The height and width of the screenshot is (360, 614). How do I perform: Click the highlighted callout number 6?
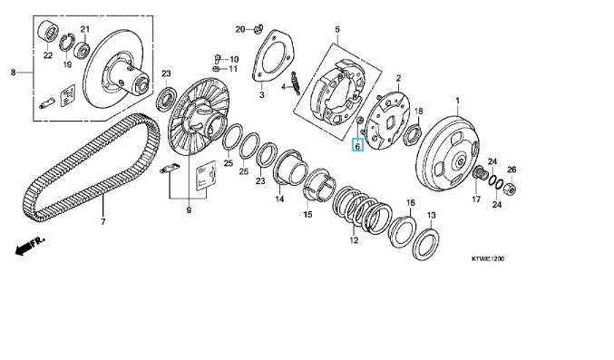point(357,146)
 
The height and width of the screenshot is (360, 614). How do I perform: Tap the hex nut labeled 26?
point(511,189)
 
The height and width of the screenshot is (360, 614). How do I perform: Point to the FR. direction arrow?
point(30,246)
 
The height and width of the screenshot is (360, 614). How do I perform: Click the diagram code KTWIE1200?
point(488,259)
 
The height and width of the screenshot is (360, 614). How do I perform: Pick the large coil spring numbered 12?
point(362,211)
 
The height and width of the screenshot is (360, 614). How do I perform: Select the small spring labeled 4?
point(296,83)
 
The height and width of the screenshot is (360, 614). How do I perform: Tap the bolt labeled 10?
point(218,60)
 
